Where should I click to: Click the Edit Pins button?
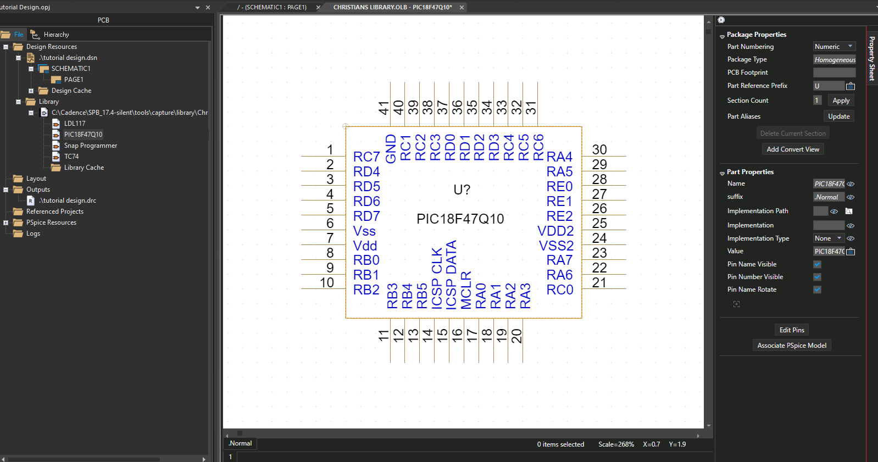click(x=791, y=330)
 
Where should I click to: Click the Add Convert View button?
click(x=792, y=149)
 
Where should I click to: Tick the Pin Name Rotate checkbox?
click(x=817, y=290)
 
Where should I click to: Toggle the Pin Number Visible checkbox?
click(x=817, y=277)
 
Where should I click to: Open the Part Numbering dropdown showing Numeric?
click(x=833, y=47)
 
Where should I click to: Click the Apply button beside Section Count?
click(x=841, y=101)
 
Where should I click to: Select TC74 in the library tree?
click(x=71, y=157)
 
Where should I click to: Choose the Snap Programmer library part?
click(x=91, y=146)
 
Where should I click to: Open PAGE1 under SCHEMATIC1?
click(x=74, y=80)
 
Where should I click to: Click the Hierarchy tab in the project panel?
click(x=56, y=35)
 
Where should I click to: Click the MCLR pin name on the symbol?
click(x=466, y=290)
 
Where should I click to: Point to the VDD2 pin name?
click(x=555, y=231)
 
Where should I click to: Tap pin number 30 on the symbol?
click(x=599, y=149)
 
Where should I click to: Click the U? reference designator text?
click(x=462, y=190)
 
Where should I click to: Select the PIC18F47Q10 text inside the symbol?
click(x=460, y=219)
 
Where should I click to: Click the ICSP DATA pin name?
click(x=451, y=275)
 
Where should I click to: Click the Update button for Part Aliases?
click(x=839, y=116)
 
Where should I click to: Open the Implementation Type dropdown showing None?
click(x=828, y=238)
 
